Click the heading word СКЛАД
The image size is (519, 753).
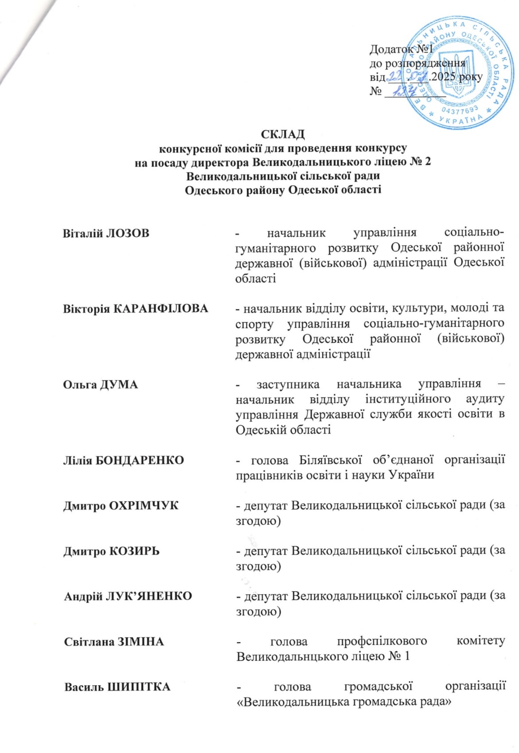[x=282, y=134]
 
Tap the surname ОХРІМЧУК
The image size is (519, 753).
[x=143, y=506]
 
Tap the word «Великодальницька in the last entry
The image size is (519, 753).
[x=293, y=702]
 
